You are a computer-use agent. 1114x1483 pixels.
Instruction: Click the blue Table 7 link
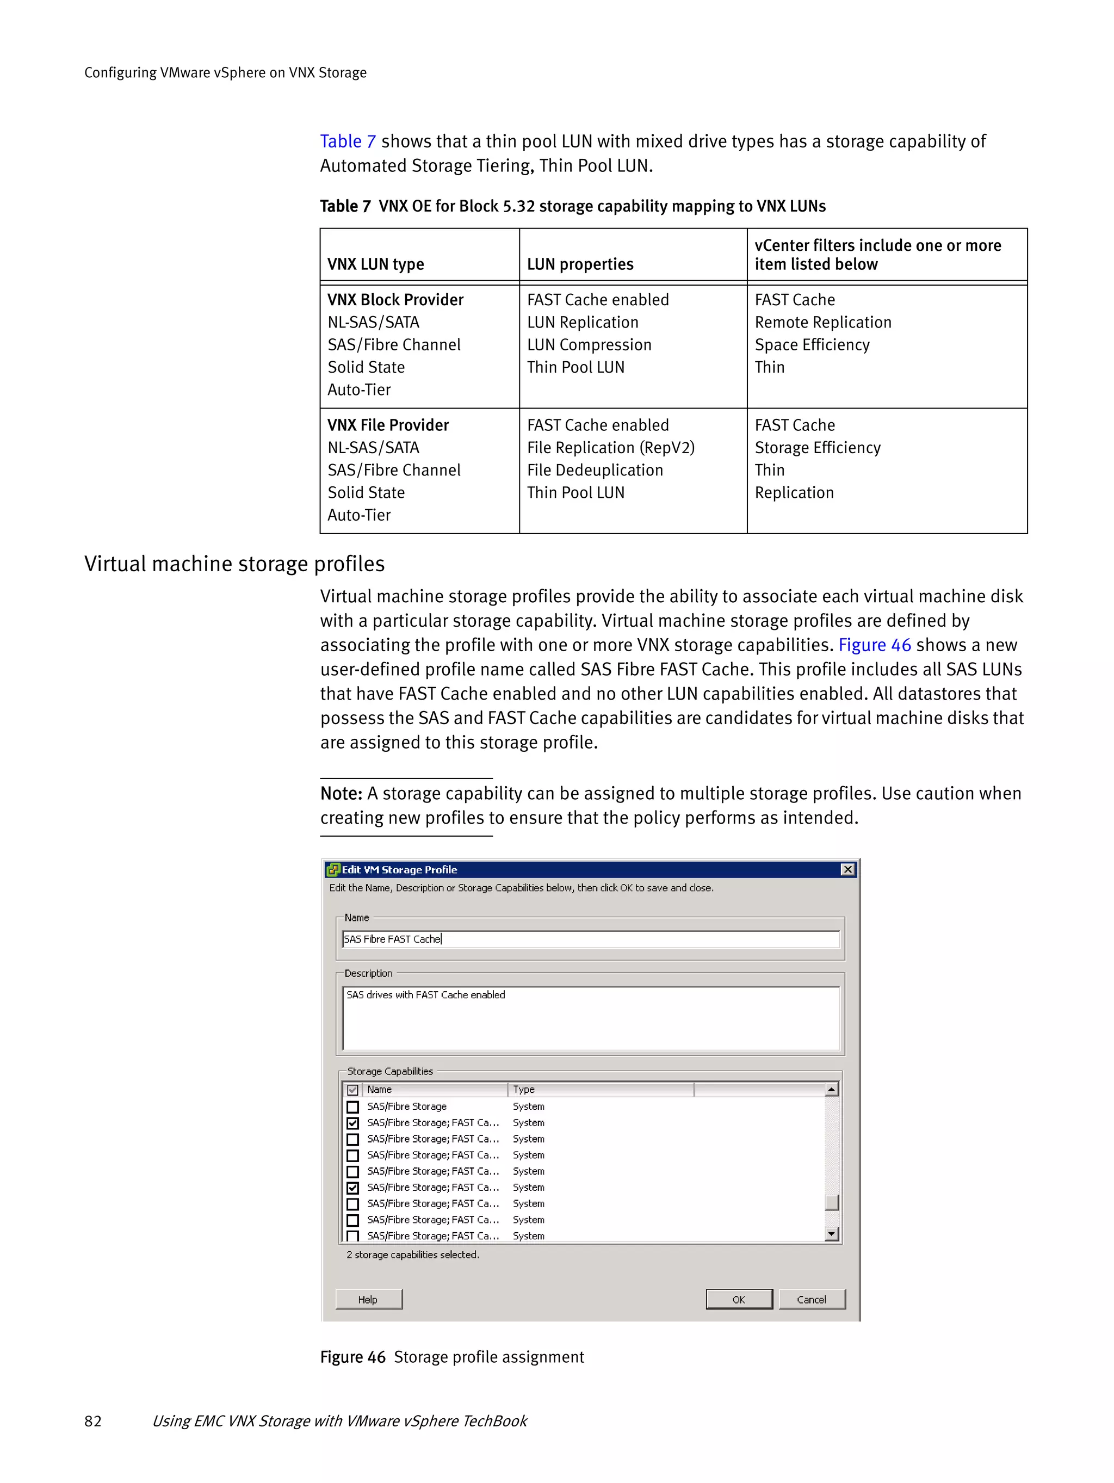tap(347, 141)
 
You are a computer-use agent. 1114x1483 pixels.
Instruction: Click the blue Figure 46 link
tap(874, 645)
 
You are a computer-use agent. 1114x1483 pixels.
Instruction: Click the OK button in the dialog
tap(739, 1299)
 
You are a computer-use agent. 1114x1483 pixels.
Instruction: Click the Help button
tap(368, 1299)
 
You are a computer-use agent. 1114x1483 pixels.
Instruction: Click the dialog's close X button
tap(847, 869)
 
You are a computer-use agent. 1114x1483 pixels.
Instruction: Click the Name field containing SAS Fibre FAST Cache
tap(590, 940)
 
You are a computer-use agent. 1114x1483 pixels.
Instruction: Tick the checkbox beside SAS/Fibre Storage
tap(352, 1107)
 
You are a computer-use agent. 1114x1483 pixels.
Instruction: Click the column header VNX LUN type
tap(375, 264)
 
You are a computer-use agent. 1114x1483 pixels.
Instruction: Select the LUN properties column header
tap(580, 264)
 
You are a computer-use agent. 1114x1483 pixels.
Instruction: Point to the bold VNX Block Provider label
tap(395, 300)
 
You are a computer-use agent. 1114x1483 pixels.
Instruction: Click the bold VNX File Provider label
tap(388, 425)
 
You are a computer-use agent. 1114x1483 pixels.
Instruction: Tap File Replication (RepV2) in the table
tap(611, 448)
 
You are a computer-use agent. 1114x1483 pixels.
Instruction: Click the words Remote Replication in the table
tap(822, 323)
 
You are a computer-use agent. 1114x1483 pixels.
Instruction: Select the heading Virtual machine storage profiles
tap(234, 564)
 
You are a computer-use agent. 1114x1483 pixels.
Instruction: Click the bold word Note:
tap(341, 794)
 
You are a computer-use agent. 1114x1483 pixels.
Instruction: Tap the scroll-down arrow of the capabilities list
tap(831, 1234)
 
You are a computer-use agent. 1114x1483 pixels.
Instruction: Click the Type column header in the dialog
tap(524, 1090)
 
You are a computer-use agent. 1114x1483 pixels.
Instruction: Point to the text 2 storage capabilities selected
tap(412, 1255)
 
